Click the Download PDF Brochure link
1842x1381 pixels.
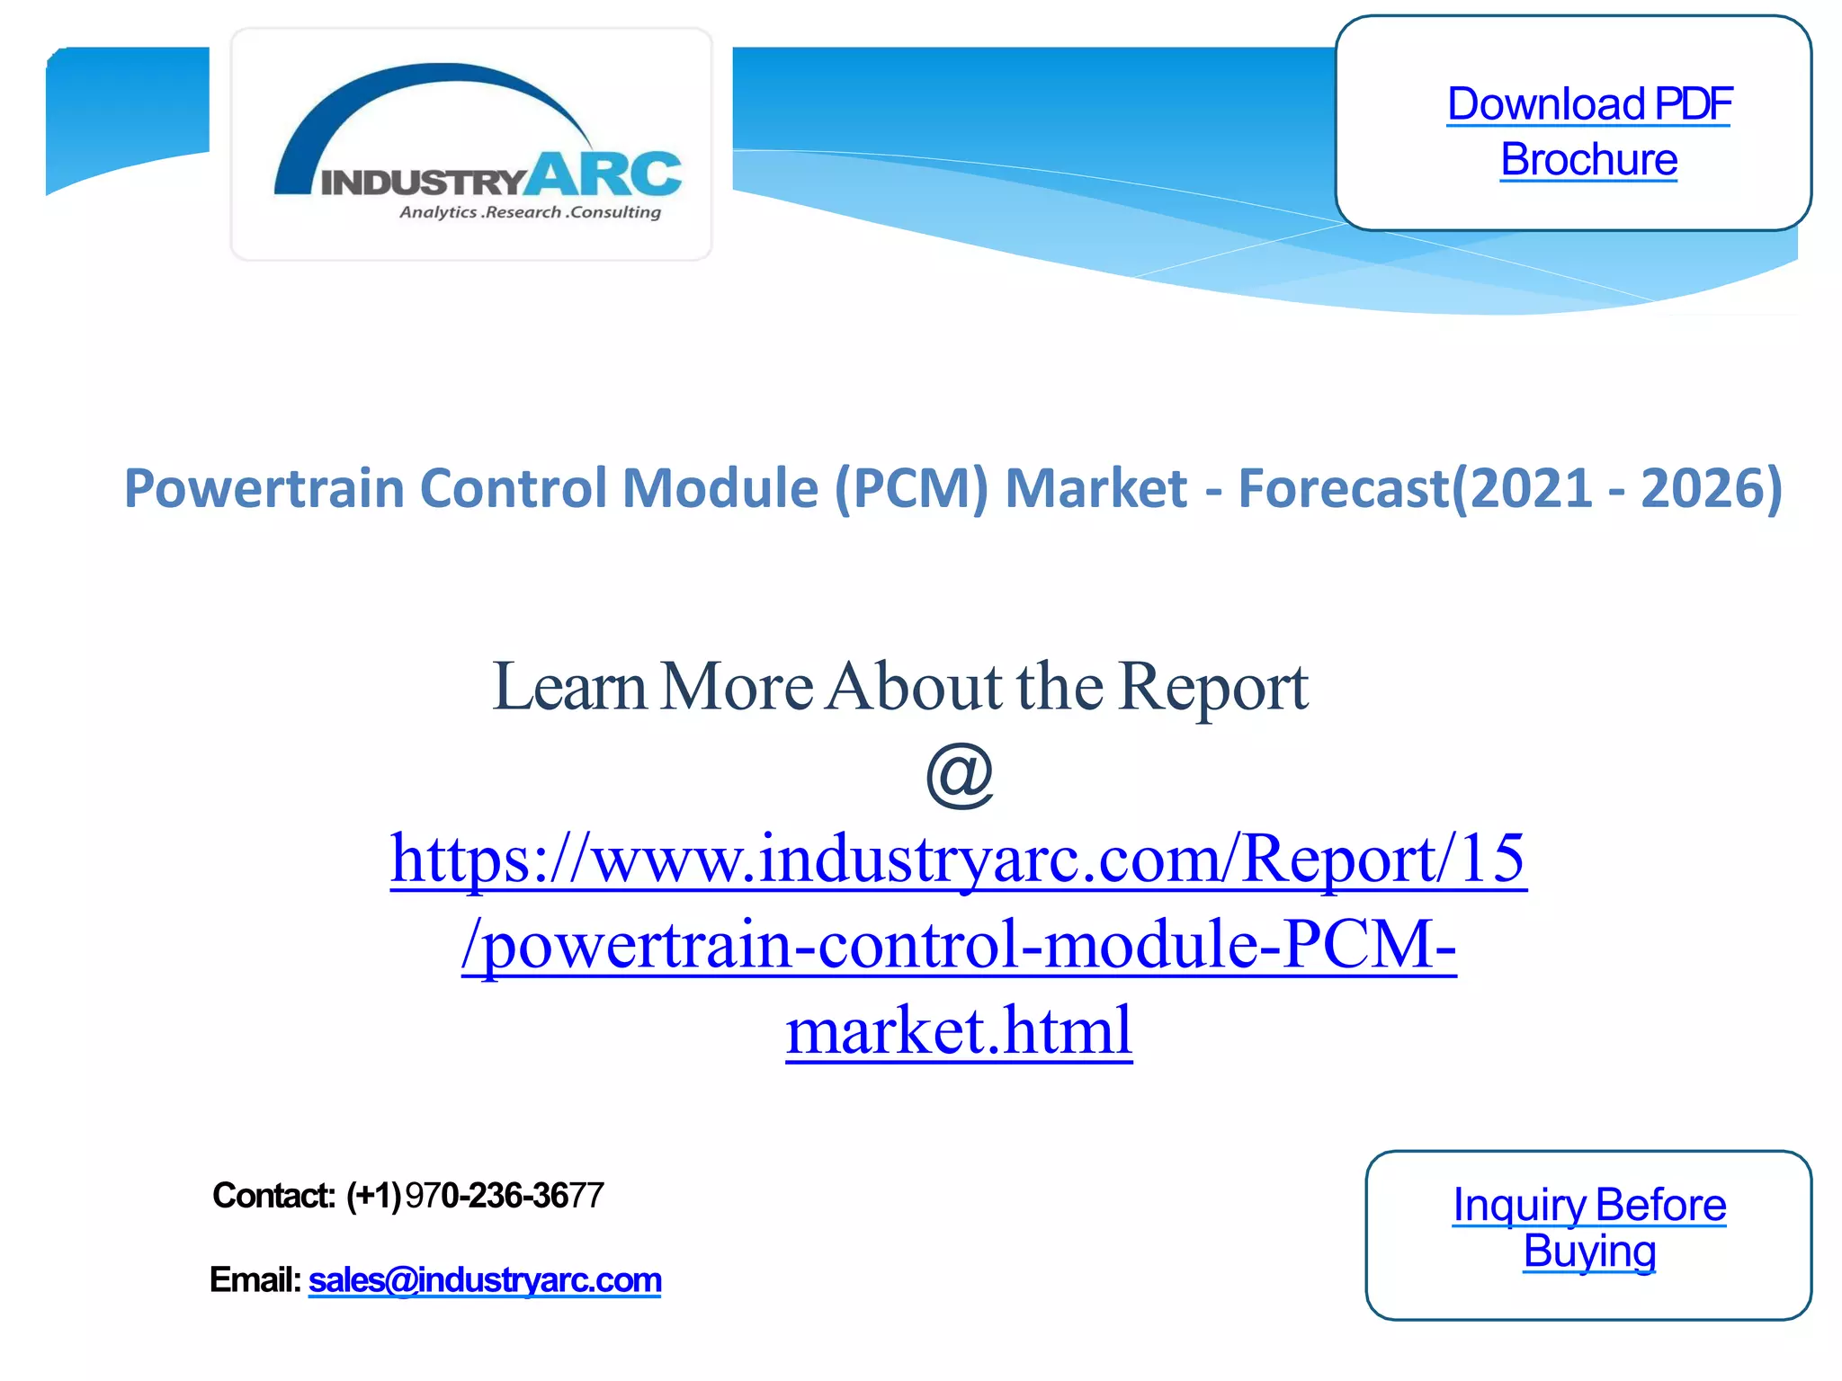[x=1588, y=131]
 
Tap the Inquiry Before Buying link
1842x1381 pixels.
[x=1589, y=1227]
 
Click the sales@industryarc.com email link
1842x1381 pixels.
[x=485, y=1280]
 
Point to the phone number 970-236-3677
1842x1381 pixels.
[x=505, y=1196]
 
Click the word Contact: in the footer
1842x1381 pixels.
[x=273, y=1196]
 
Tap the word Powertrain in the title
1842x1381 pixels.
[x=264, y=489]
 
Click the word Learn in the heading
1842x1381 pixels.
[x=569, y=688]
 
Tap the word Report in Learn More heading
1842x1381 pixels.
[x=1213, y=688]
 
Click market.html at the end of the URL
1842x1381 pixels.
[x=959, y=1030]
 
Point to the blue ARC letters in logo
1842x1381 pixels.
[x=604, y=174]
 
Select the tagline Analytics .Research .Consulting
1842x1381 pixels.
[x=530, y=213]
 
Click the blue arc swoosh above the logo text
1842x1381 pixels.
[x=432, y=90]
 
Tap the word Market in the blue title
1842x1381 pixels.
[x=1096, y=489]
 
